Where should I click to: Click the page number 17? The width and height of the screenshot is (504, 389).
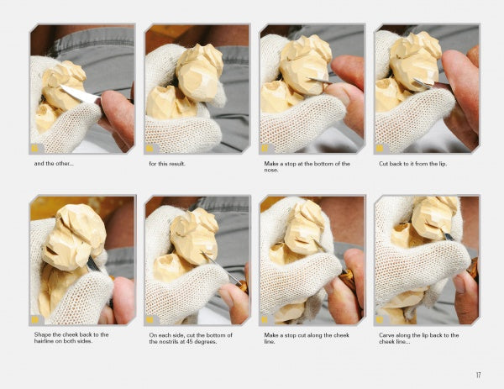tap(478, 375)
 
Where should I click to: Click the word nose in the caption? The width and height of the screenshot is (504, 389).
tap(270, 170)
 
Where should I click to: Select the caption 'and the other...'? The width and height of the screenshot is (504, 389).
tap(54, 163)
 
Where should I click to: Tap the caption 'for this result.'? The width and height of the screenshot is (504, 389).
tap(167, 164)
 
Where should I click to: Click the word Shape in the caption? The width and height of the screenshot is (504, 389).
tap(42, 334)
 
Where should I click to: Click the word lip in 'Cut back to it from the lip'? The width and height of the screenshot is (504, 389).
tap(442, 164)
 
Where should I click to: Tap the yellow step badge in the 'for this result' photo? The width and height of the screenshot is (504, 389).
tap(150, 148)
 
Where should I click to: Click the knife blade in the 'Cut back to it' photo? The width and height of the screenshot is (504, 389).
tap(422, 83)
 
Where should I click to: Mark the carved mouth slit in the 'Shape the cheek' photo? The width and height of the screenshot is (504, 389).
tap(52, 250)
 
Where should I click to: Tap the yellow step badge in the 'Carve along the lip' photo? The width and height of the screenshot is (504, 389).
tap(380, 319)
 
